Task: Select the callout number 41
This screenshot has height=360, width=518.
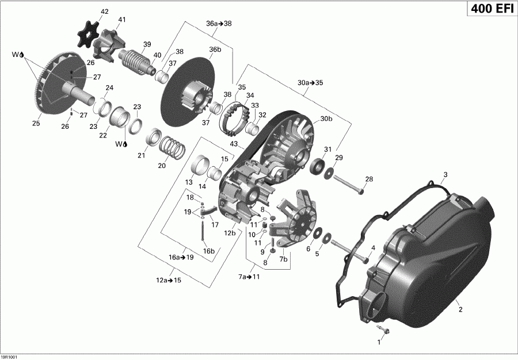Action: point(121,20)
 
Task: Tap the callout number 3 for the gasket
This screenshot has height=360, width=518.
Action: point(445,174)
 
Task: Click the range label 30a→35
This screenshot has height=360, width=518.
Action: point(311,82)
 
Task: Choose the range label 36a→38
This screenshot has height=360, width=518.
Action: point(219,24)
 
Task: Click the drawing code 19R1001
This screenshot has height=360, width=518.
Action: point(11,356)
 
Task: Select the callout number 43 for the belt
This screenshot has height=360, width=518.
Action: point(234,143)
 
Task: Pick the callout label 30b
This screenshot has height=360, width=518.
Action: point(326,118)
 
